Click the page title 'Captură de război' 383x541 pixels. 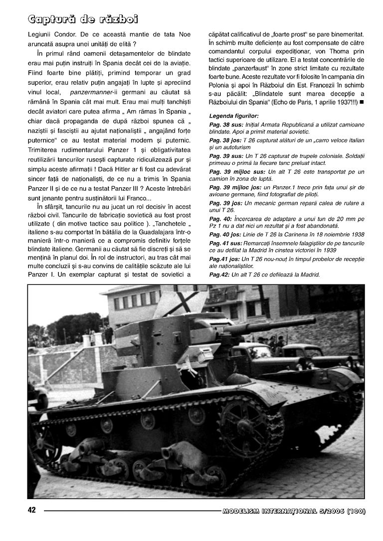click(82, 19)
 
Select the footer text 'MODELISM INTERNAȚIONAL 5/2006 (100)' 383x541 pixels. click(294, 511)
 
